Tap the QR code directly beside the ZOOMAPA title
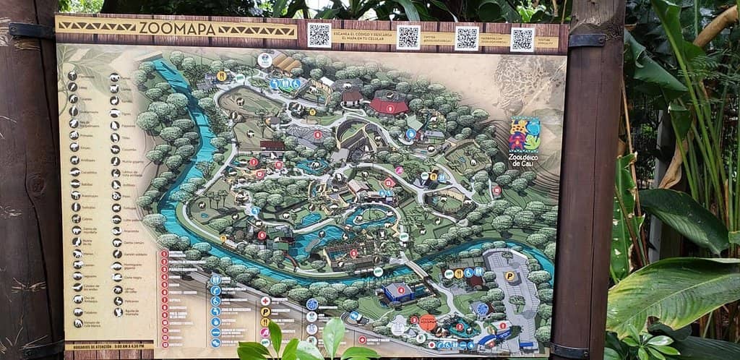pos(319,35)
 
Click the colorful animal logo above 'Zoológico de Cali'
pos(524,134)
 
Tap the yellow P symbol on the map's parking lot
pos(510,275)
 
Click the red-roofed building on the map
pos(389,107)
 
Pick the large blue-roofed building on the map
pos(397,292)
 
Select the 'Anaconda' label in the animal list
pos(128,231)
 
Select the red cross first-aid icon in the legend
pos(265,300)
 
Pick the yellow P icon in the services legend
pos(265,312)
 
